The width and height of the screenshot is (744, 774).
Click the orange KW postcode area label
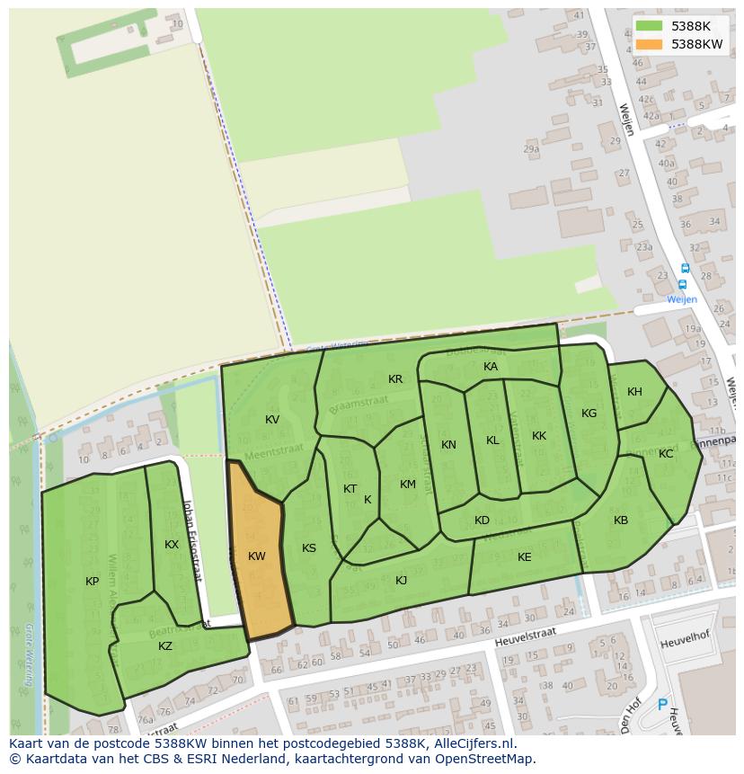[257, 556]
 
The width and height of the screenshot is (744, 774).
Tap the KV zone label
[272, 420]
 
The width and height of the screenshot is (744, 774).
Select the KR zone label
[395, 379]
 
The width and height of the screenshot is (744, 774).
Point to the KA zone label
[491, 367]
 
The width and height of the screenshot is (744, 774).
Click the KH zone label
[635, 392]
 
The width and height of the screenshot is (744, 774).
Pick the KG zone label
[589, 414]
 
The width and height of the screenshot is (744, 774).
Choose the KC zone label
[666, 454]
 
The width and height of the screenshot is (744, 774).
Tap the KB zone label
[621, 520]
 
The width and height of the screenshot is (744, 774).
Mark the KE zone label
[525, 557]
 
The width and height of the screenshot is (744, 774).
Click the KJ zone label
[402, 581]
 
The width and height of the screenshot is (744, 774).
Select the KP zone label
[93, 582]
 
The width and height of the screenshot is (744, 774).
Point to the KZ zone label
[165, 646]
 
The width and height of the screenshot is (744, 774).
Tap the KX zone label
[172, 545]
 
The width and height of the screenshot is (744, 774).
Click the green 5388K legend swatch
[649, 26]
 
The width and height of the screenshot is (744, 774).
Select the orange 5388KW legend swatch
[649, 44]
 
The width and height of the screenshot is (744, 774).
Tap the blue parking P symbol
[663, 706]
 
